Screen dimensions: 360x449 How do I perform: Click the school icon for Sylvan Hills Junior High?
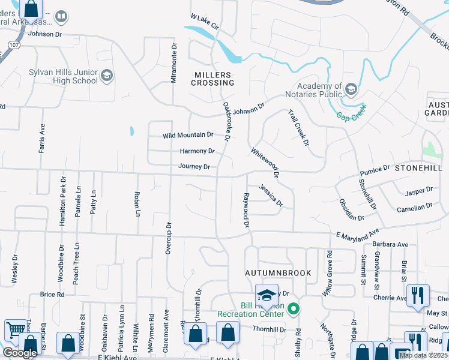[x=107, y=75]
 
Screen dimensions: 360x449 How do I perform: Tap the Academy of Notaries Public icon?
[x=351, y=90]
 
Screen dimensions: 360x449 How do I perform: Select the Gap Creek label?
[x=351, y=110]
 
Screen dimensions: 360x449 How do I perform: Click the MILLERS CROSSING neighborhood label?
[x=211, y=79]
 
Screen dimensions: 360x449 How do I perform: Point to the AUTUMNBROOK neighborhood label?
[x=278, y=273]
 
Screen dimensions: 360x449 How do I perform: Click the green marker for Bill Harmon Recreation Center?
[x=294, y=310]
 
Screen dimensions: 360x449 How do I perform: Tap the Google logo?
[x=19, y=352]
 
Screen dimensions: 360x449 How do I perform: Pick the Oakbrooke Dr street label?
[x=228, y=121]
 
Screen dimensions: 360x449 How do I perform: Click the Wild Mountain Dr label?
[x=188, y=136]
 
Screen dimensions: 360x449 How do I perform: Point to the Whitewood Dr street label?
[x=265, y=164]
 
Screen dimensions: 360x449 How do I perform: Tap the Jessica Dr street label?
[x=271, y=196]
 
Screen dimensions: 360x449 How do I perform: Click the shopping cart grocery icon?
[x=15, y=331]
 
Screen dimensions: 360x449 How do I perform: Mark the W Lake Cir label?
[x=205, y=23]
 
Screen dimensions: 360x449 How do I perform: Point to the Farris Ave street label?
[x=42, y=139]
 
